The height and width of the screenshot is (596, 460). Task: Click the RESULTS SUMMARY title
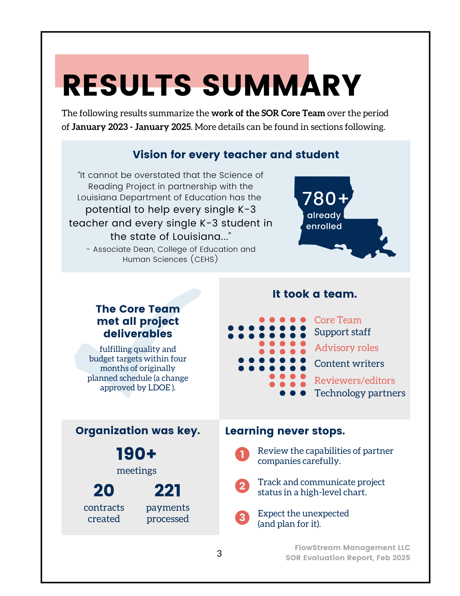point(212,86)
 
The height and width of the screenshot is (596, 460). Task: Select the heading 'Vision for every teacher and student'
point(236,155)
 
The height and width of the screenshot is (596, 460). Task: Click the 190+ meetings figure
point(136,454)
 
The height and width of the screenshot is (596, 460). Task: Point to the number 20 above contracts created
point(104,490)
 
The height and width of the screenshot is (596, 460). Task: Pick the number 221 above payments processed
point(168,490)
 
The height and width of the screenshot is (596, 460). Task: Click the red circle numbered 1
point(242,454)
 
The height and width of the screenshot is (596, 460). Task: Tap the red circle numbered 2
point(242,486)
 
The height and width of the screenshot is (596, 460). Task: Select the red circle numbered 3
point(242,517)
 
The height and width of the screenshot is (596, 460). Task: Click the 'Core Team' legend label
point(338,320)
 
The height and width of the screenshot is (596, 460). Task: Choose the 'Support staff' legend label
point(342,332)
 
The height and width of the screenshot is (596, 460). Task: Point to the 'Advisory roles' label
point(346,348)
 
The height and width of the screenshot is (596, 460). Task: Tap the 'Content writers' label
point(349,364)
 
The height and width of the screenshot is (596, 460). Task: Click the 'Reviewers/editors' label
point(354,381)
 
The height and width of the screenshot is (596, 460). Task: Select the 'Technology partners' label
point(360,393)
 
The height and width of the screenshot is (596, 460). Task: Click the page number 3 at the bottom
point(219,553)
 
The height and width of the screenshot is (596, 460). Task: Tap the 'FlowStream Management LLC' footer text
point(352,547)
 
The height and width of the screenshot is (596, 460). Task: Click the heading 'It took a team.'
point(315,294)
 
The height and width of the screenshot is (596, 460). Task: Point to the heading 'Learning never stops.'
point(285,431)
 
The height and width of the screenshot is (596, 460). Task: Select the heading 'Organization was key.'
point(138,431)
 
